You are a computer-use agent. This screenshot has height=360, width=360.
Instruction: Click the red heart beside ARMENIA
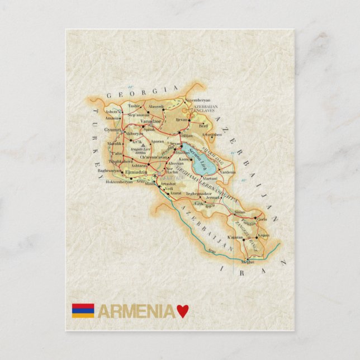182,311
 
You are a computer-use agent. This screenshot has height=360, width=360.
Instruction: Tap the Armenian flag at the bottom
83,311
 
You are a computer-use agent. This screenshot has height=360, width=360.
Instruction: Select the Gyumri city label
112,130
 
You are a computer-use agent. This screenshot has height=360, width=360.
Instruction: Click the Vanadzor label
150,121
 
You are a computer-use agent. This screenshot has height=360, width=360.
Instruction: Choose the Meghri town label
248,262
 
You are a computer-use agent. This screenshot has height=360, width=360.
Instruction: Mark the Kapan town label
264,235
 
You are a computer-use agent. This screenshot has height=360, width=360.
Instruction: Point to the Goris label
262,220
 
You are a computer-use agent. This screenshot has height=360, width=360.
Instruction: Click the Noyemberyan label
197,101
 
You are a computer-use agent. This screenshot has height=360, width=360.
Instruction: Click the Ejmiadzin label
138,172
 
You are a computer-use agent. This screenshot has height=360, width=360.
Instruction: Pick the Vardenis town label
228,173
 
